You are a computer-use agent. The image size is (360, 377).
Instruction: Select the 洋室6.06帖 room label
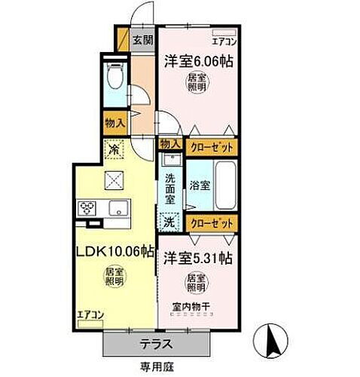194,60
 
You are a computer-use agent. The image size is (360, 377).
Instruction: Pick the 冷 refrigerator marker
114,150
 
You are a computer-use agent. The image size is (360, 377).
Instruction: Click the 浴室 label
199,184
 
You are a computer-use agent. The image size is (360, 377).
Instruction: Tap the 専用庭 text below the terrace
154,367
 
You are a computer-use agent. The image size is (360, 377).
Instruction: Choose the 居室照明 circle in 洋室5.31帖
196,285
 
